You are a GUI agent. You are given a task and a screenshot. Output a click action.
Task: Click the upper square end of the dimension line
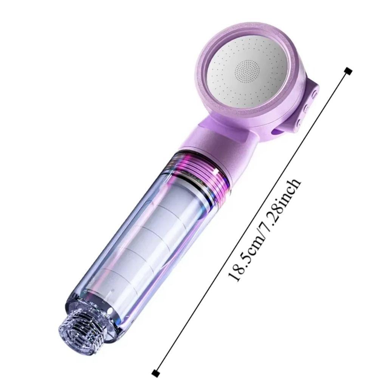pos(349,70)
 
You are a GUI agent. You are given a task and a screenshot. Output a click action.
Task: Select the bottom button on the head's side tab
pos(299,122)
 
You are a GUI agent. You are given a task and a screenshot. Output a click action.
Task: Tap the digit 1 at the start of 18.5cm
pos(234,278)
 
